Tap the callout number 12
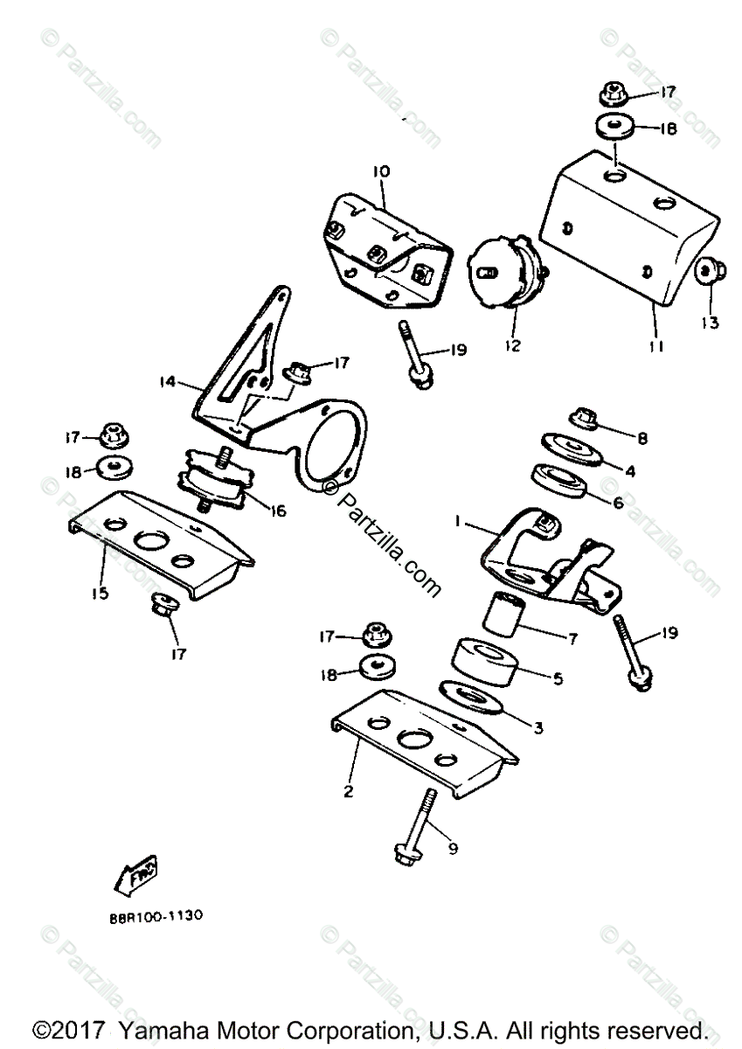coord(512,345)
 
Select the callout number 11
coord(655,346)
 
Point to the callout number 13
coord(709,323)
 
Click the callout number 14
coord(169,381)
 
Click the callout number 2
coord(348,792)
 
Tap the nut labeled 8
coord(584,420)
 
